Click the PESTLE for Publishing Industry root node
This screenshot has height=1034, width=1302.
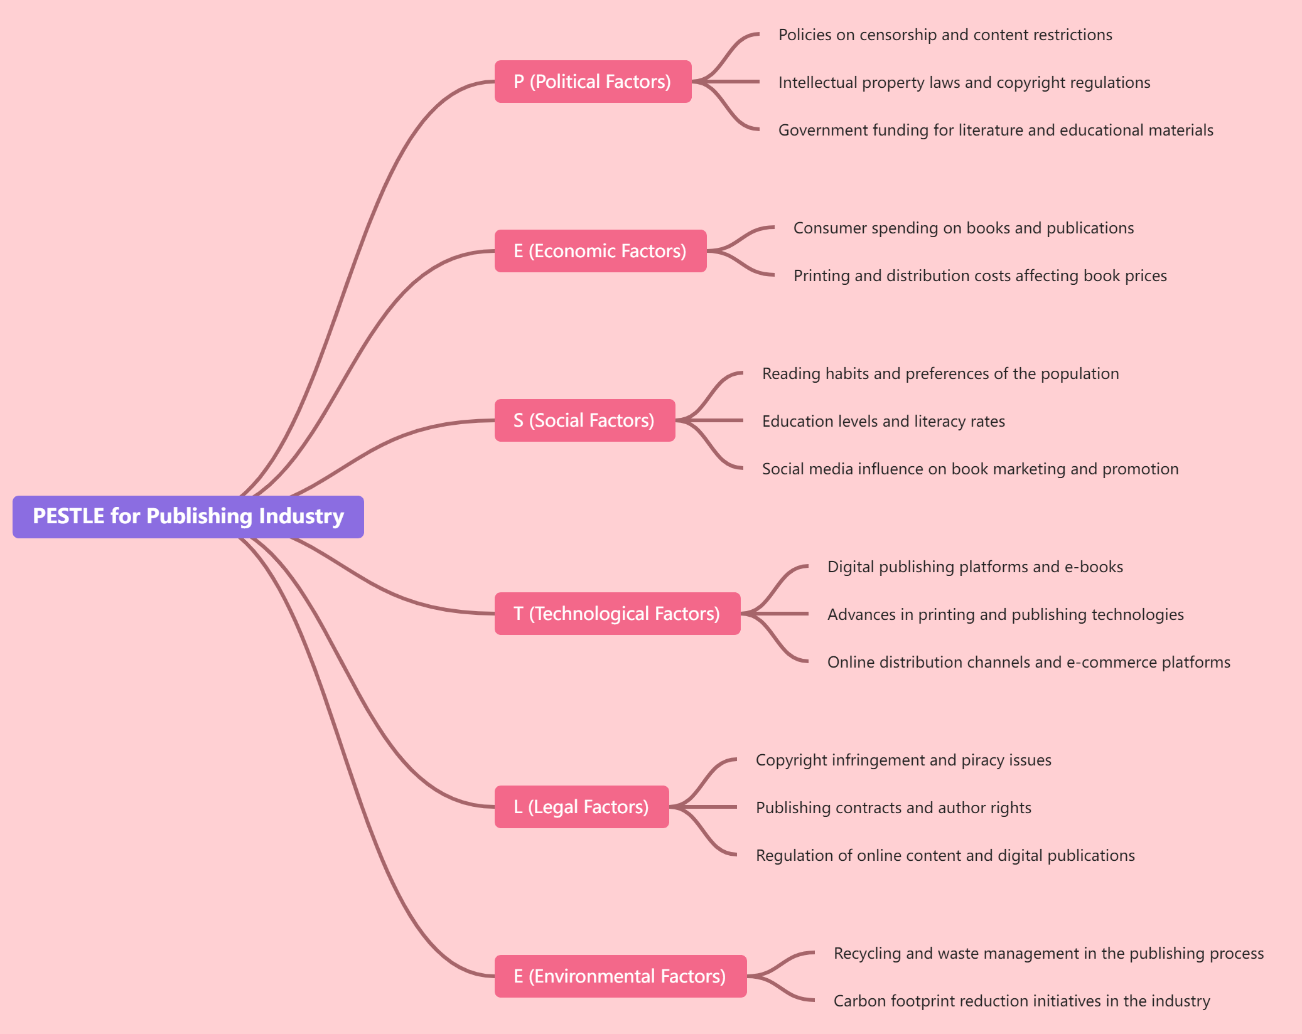[x=188, y=516]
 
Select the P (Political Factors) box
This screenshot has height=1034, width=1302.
[x=593, y=82]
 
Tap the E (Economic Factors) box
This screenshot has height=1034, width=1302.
[x=600, y=251]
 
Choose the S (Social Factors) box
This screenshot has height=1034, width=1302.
[x=584, y=420]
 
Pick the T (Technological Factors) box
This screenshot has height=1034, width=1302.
[x=617, y=614]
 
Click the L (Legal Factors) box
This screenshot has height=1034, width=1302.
[x=581, y=807]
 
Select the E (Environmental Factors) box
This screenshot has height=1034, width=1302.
[x=620, y=976]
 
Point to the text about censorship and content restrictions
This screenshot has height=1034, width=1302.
[x=945, y=35]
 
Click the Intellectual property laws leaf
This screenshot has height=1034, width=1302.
[x=964, y=83]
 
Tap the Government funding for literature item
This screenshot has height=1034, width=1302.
[x=995, y=131]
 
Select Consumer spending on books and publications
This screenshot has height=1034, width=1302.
[x=963, y=228]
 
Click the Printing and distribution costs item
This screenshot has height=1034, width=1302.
[x=979, y=276]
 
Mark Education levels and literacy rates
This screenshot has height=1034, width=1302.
[x=883, y=422]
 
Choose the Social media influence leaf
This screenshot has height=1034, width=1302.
[x=970, y=469]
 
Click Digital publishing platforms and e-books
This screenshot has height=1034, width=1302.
[x=974, y=567]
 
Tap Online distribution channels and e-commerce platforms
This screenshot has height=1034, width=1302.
[x=1028, y=663]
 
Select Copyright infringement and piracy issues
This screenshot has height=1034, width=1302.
[x=903, y=760]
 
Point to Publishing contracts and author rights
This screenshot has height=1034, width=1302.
[x=893, y=808]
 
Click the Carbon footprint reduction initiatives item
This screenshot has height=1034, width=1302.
[x=1021, y=1001]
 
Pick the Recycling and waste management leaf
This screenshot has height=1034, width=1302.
[x=1048, y=954]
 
